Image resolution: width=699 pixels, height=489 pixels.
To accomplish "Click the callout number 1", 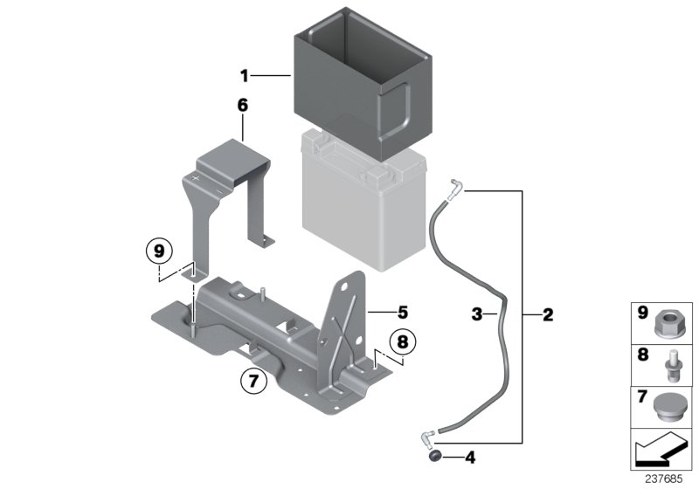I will (x=246, y=75).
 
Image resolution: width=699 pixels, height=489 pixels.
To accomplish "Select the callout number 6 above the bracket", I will (x=242, y=106).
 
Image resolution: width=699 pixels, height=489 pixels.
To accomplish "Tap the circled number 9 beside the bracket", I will (x=158, y=251).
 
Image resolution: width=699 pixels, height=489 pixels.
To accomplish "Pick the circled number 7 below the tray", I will (x=252, y=381).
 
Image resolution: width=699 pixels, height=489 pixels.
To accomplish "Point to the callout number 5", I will (x=402, y=311).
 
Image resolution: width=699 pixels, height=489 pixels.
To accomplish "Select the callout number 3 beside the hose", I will (x=477, y=313).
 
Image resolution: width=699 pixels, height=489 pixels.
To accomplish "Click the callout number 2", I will (x=548, y=313).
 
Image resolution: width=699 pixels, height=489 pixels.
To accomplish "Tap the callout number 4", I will (x=470, y=456).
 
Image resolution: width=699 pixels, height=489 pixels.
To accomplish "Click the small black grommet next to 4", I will (x=433, y=456).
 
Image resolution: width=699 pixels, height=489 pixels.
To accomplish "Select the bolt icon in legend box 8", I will (x=670, y=364).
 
